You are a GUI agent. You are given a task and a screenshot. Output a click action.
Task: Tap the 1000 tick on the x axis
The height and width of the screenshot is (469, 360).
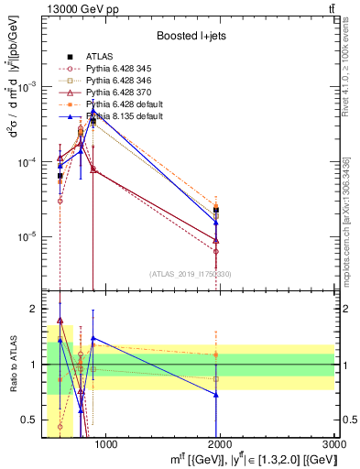point(105,445)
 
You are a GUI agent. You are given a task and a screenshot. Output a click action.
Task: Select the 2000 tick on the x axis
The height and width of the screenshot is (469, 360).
point(221,445)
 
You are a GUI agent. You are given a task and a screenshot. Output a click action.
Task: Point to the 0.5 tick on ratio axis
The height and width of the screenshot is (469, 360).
point(32,420)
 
